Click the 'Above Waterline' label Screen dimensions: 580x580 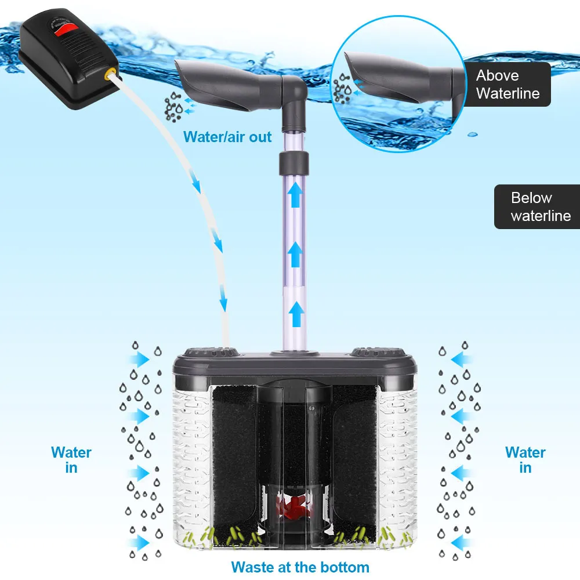[507, 84]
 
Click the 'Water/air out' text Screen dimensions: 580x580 [227, 137]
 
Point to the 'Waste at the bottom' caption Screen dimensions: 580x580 [300, 567]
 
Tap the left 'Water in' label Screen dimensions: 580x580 [71, 460]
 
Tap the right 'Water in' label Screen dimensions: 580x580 [525, 460]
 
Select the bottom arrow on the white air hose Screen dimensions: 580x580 [223, 304]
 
